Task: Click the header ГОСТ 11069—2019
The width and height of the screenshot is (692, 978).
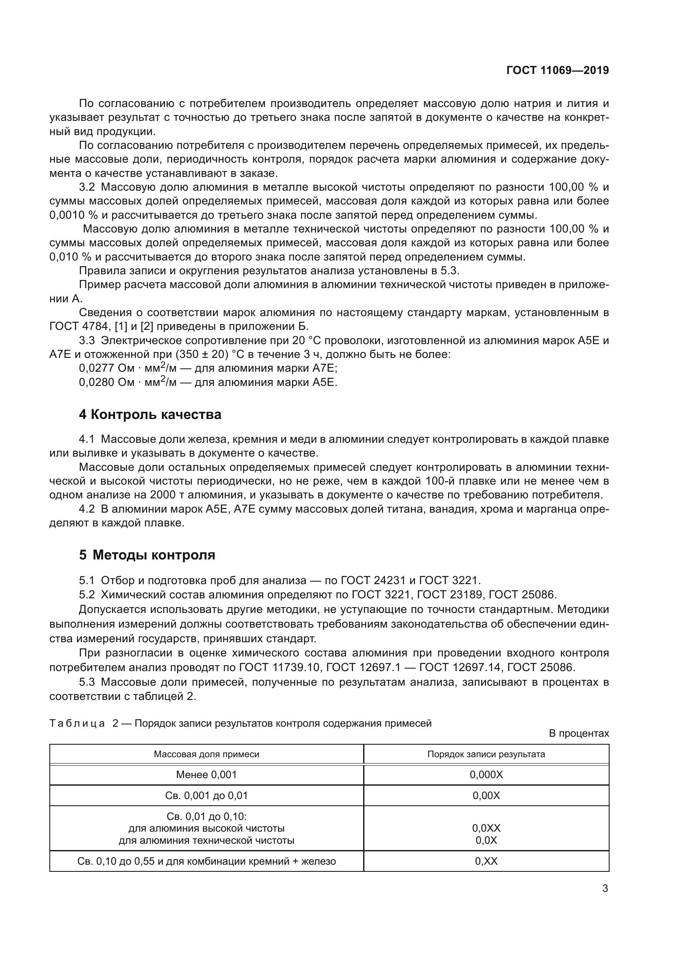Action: coord(557,70)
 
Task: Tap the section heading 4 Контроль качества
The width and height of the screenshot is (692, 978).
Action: coord(150,414)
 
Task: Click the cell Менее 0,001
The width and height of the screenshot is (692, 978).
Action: coord(206,774)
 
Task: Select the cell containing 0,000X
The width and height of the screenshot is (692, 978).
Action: coord(486,774)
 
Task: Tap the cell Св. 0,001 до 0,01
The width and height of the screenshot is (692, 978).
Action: coord(206,795)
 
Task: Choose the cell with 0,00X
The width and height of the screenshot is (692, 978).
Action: coord(486,795)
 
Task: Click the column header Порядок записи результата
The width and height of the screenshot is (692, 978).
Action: coord(486,754)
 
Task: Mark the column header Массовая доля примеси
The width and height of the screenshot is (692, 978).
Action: coord(206,754)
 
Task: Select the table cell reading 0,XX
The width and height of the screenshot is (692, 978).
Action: coord(486,861)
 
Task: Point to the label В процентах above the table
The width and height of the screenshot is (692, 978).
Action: coord(579,733)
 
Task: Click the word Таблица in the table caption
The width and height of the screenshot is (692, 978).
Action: coord(77,723)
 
